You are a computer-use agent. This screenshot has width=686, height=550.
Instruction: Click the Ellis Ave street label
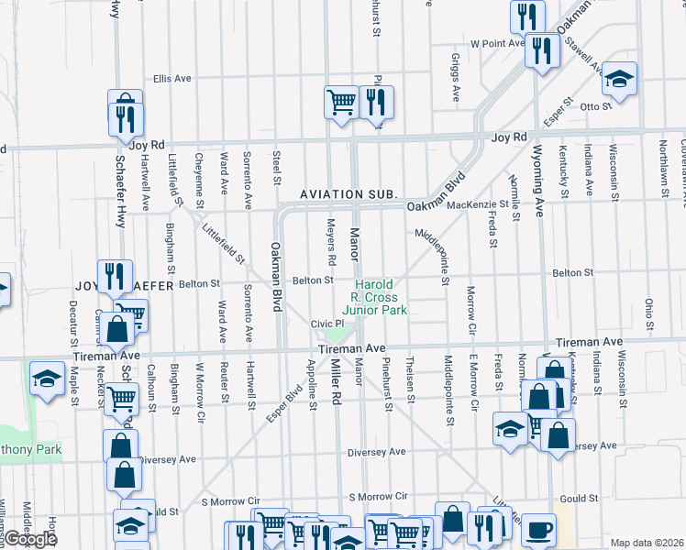coord(172,79)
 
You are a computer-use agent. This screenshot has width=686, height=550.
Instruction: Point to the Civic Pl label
coord(326,324)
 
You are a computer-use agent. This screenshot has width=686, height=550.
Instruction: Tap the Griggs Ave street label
coord(455,77)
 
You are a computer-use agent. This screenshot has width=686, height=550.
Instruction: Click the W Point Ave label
coord(497,43)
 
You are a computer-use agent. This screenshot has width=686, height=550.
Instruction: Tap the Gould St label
coord(580,499)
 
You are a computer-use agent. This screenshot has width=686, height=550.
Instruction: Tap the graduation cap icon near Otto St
coord(620,79)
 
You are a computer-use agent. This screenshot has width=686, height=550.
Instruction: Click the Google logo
coord(29,539)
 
